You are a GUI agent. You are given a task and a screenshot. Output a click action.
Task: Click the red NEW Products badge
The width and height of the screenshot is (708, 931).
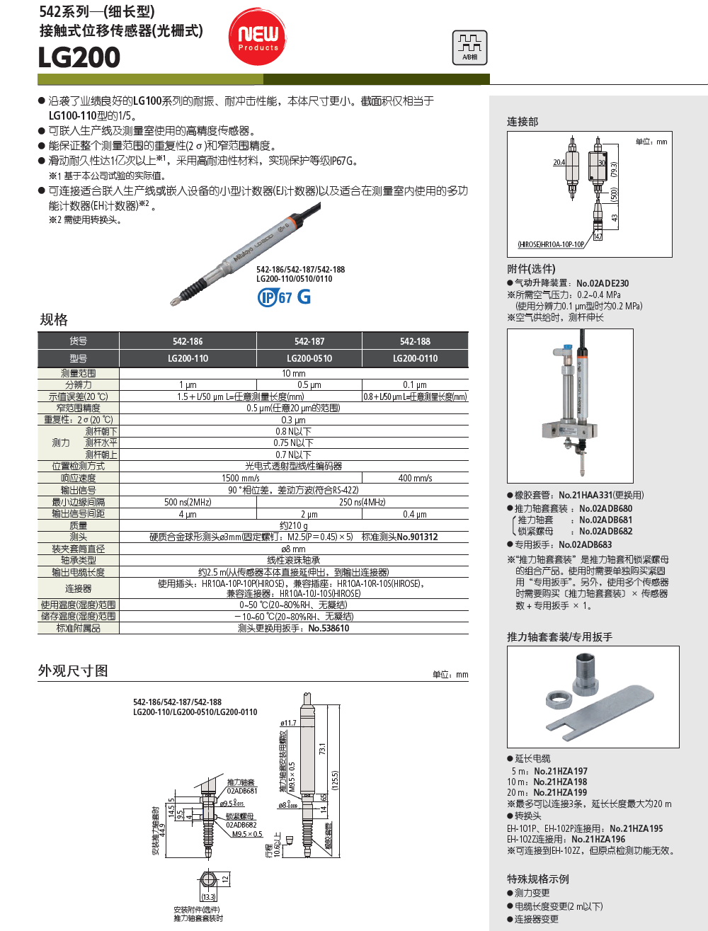[x=257, y=36]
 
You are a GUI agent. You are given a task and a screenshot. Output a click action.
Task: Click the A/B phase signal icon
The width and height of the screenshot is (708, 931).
[x=470, y=47]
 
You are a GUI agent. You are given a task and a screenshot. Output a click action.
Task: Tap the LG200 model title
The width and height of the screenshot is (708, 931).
[x=79, y=57]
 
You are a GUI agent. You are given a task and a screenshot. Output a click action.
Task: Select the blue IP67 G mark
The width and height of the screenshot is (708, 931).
[x=284, y=297]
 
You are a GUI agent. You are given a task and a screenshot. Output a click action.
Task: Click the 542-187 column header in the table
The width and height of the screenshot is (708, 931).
[x=309, y=341]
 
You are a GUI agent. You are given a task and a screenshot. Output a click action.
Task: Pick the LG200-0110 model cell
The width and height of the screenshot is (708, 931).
[x=415, y=358]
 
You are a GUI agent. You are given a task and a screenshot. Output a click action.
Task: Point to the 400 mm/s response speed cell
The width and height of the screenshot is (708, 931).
[x=415, y=478]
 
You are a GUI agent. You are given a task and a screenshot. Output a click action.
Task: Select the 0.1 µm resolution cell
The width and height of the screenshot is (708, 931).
[x=415, y=384]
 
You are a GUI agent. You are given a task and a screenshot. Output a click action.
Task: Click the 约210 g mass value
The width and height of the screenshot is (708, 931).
[x=294, y=525]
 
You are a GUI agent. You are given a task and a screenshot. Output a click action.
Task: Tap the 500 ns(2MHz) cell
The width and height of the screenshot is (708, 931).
[x=188, y=502]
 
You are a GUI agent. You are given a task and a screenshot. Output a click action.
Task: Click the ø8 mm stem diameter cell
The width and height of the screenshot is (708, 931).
[x=294, y=549]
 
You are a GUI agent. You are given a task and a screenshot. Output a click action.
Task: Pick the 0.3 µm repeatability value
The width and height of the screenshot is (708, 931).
[x=294, y=420]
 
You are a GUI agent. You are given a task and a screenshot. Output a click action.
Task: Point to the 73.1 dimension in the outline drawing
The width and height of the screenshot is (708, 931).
[x=323, y=748]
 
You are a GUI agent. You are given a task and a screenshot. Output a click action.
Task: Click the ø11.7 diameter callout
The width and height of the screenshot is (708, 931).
[x=288, y=723]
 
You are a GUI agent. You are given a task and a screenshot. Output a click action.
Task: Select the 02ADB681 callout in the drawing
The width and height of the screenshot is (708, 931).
[x=242, y=790]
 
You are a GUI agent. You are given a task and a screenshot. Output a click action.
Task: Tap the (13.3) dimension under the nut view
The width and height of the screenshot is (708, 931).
[x=208, y=897]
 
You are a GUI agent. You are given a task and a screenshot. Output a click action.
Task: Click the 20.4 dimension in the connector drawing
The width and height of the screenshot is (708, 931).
[x=559, y=162]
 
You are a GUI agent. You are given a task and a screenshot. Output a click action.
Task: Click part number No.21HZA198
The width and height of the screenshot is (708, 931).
[x=560, y=782]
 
